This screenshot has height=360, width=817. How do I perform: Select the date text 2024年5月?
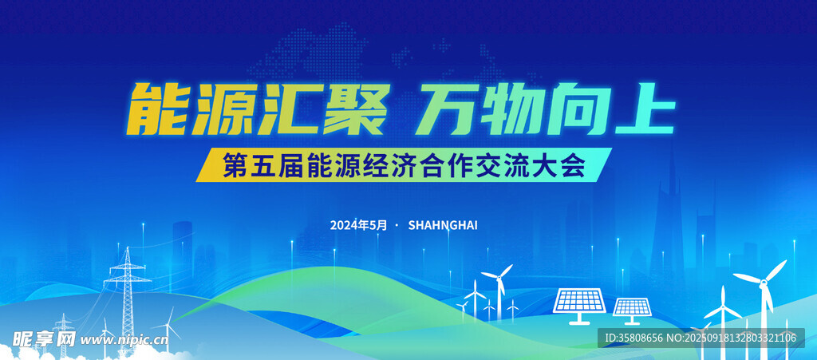click(359, 225)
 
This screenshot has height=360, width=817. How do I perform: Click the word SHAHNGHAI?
click(443, 225)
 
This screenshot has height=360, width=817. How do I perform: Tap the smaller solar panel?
click(632, 311)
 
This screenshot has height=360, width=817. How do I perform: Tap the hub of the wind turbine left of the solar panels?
click(499, 279)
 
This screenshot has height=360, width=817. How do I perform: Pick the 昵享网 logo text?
click(44, 340)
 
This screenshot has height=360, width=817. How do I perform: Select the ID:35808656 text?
click(633, 338)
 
